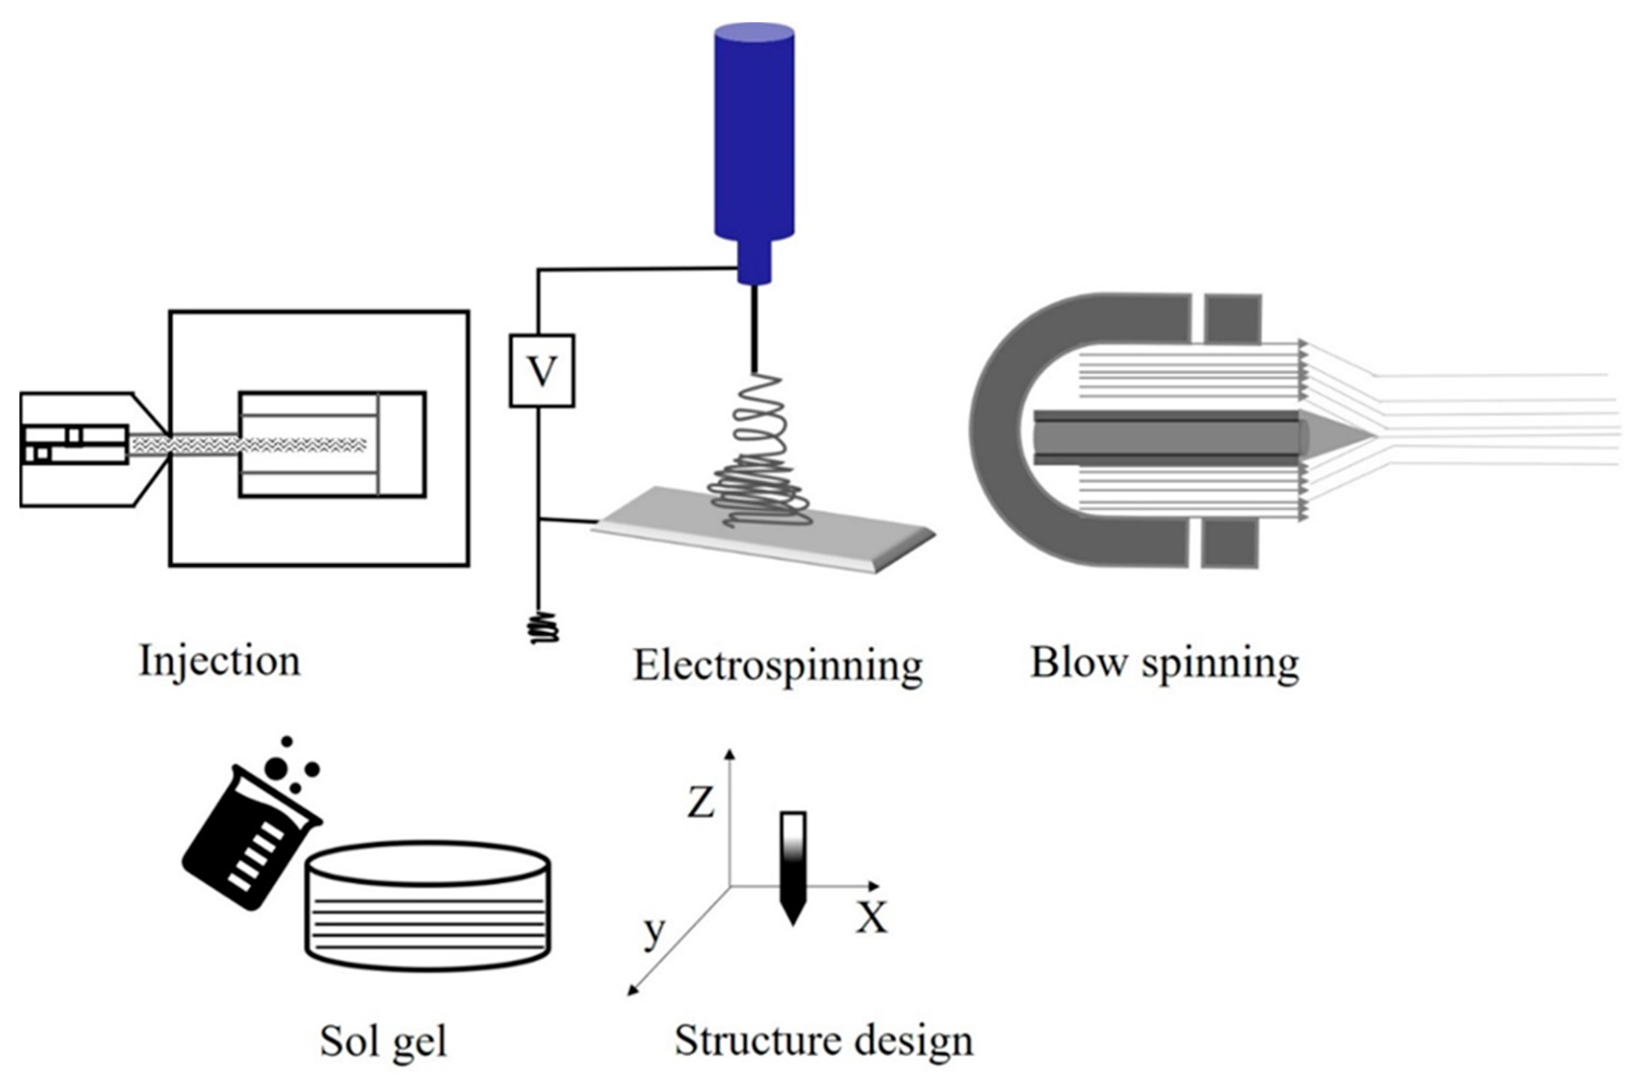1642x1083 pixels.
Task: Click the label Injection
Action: point(220,661)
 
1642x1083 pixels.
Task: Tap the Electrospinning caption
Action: point(778,666)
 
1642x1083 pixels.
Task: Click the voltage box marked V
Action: point(542,371)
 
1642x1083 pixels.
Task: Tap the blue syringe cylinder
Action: point(754,131)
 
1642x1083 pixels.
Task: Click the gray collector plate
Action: point(763,528)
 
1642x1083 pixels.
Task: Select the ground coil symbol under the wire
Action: point(544,628)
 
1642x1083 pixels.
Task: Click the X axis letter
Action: point(872,918)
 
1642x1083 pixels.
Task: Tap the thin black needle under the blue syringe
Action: point(754,329)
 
